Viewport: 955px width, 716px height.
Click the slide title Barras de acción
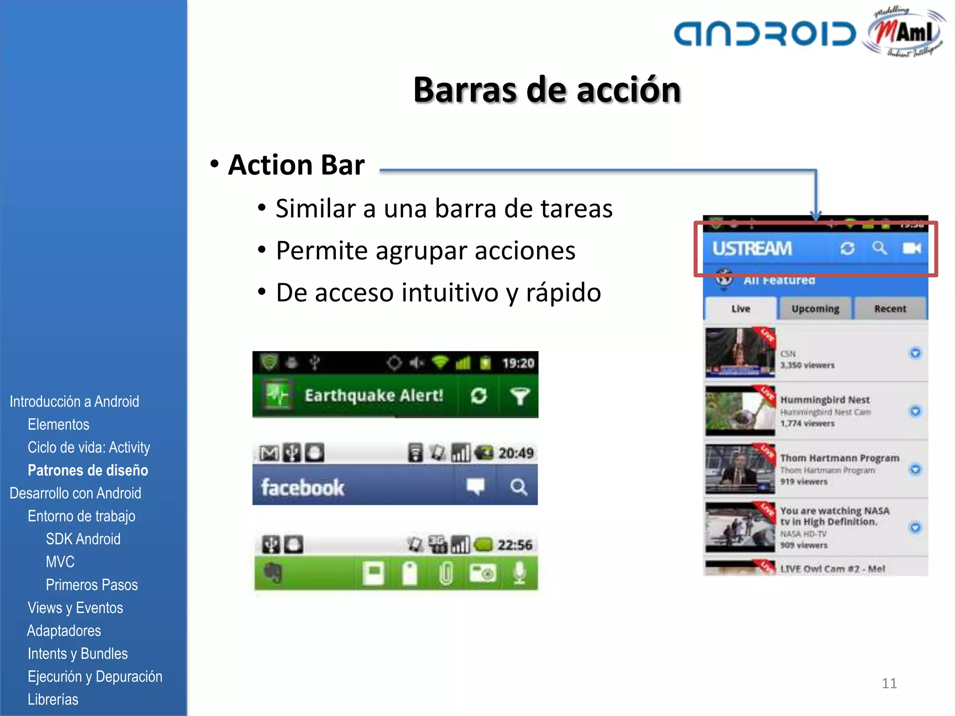tap(547, 90)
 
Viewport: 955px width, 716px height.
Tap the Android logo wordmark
tap(765, 34)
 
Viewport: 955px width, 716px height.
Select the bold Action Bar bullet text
tap(296, 165)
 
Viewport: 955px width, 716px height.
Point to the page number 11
tap(889, 683)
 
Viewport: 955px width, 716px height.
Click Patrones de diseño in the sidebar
tap(88, 470)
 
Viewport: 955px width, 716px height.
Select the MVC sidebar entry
tap(60, 562)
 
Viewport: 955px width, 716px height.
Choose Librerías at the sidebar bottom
tap(53, 699)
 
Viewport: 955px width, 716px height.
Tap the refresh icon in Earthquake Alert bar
tap(479, 396)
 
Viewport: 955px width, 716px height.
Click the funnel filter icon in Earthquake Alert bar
tap(519, 396)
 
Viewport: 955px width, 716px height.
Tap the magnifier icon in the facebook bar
tap(519, 487)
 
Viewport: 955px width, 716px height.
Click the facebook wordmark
tap(303, 488)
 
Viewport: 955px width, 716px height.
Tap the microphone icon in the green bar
tap(519, 573)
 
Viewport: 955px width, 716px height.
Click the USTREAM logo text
tap(752, 248)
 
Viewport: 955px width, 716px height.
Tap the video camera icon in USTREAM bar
tap(911, 248)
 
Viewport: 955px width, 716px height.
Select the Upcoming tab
tap(815, 309)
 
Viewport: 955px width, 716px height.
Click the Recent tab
tap(890, 309)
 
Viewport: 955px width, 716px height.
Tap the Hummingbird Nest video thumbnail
tap(740, 411)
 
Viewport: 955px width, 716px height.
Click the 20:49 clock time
tap(516, 453)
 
